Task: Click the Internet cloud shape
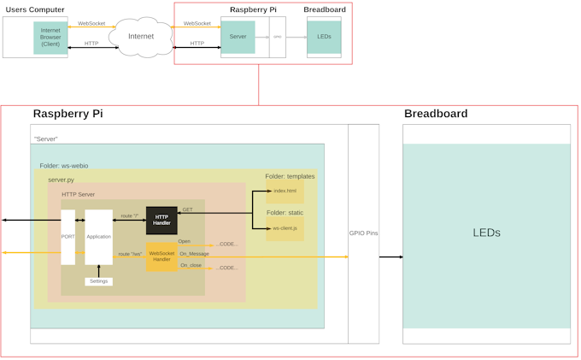[141, 38]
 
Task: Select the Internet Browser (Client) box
[50, 38]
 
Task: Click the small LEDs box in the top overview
[324, 38]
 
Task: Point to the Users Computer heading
[33, 9]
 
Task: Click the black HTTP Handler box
[161, 220]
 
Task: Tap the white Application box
[98, 236]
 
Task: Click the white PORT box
[68, 236]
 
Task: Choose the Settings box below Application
[98, 281]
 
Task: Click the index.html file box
[285, 191]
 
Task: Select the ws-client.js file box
[285, 228]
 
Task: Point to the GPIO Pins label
[363, 233]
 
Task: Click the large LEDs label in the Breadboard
[486, 233]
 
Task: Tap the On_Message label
[194, 254]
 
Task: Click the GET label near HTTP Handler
[187, 210]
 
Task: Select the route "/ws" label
[129, 254]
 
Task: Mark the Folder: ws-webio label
[63, 166]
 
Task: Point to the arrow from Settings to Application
[98, 270]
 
